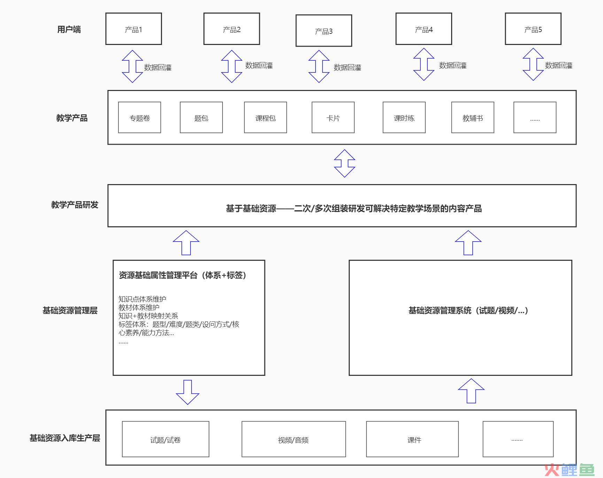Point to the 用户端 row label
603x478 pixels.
pyautogui.click(x=69, y=30)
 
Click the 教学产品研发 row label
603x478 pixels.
pyautogui.click(x=75, y=205)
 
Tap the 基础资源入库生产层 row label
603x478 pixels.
pyautogui.click(x=65, y=438)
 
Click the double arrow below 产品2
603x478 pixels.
pyautogui.click(x=232, y=66)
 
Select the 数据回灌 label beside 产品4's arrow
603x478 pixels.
pyautogui.click(x=453, y=65)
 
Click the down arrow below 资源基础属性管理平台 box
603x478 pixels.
pyautogui.click(x=187, y=392)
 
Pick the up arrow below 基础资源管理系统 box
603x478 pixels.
pyautogui.click(x=471, y=391)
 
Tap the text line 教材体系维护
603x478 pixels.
pyautogui.click(x=139, y=308)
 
